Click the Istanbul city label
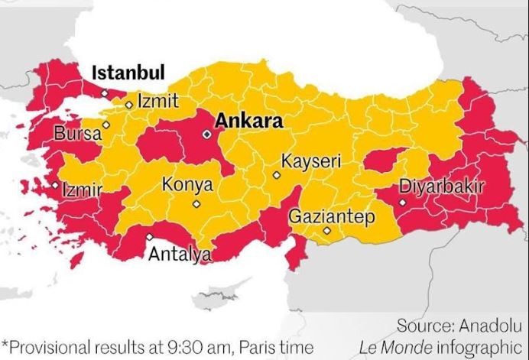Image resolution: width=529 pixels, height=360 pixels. pyautogui.click(x=128, y=73)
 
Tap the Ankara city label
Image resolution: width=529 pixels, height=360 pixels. pyautogui.click(x=248, y=121)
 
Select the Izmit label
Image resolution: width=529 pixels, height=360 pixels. pyautogui.click(x=158, y=101)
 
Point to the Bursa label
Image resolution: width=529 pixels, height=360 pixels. pyautogui.click(x=77, y=134)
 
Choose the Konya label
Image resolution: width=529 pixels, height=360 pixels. pyautogui.click(x=187, y=185)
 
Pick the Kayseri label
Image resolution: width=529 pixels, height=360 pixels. pyautogui.click(x=310, y=162)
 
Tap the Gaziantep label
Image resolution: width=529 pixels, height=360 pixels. pyautogui.click(x=332, y=216)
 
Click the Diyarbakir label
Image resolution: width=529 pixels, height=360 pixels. pyautogui.click(x=441, y=186)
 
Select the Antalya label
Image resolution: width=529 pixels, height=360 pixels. pyautogui.click(x=180, y=254)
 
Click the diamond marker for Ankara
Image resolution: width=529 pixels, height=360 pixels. pyautogui.click(x=206, y=134)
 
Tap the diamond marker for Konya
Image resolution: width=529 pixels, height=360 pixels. pyautogui.click(x=196, y=204)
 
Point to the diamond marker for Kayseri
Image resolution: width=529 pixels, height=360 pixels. pyautogui.click(x=277, y=175)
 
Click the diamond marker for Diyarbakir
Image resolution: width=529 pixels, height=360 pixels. pyautogui.click(x=401, y=203)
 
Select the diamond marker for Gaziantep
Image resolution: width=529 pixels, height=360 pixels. pyautogui.click(x=326, y=230)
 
